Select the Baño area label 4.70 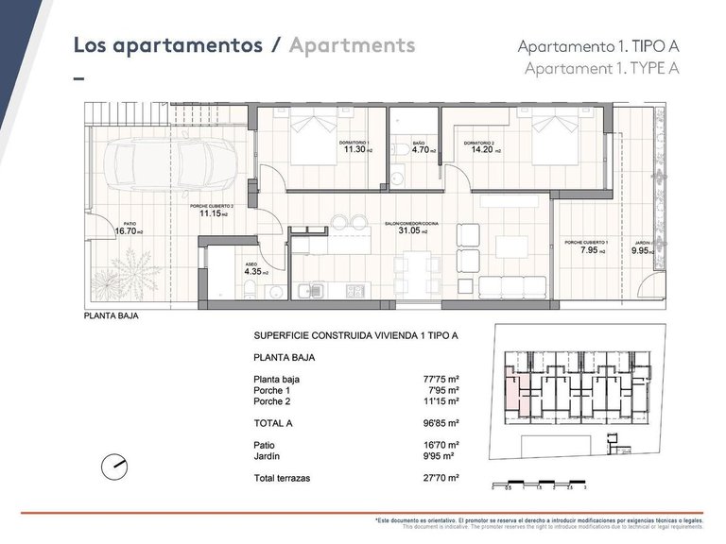pyautogui.click(x=420, y=149)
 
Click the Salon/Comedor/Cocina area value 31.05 pyautogui.click(x=410, y=230)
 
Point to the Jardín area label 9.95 pyautogui.click(x=644, y=251)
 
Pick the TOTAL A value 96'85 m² pyautogui.click(x=441, y=424)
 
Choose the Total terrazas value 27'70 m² pyautogui.click(x=441, y=479)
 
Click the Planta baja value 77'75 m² pyautogui.click(x=441, y=379)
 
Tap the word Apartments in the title pyautogui.click(x=353, y=44)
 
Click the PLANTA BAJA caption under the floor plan pyautogui.click(x=112, y=316)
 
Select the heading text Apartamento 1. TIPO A pyautogui.click(x=598, y=46)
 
